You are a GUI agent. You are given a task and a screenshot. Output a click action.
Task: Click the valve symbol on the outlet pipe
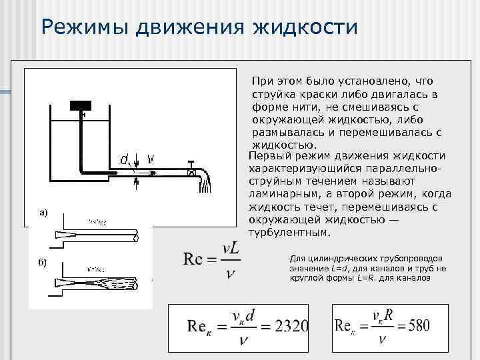[x=192, y=173]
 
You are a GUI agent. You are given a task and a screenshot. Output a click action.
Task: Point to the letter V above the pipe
[x=151, y=159]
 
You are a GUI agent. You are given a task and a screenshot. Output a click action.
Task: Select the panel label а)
[x=44, y=213]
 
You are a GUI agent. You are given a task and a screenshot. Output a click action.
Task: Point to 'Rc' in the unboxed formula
[x=194, y=259]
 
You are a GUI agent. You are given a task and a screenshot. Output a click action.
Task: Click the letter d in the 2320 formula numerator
[x=249, y=316]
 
